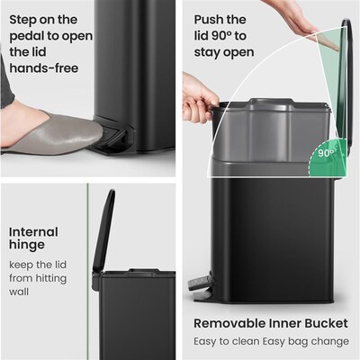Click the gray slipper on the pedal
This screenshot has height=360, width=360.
(54, 132)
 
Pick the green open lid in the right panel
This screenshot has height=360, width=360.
(332, 81)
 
